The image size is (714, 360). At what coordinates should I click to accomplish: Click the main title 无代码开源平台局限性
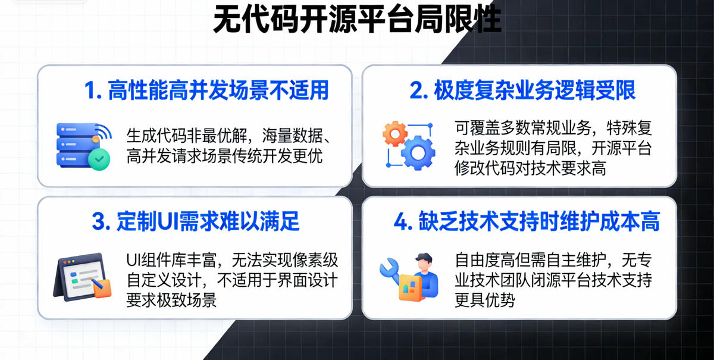[358, 19]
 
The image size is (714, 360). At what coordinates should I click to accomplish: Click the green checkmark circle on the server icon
[99, 159]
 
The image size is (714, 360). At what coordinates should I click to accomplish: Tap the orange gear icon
[395, 134]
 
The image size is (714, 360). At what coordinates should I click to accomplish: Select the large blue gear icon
[418, 153]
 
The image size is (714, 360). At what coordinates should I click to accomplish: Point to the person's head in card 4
[424, 262]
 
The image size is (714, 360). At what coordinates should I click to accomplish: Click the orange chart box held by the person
[411, 288]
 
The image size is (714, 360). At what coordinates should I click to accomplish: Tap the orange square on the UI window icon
[102, 288]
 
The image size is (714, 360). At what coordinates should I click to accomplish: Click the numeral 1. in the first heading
[93, 90]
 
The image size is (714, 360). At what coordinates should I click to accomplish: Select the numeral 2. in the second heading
[419, 90]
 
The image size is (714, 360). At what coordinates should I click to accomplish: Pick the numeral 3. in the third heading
[101, 221]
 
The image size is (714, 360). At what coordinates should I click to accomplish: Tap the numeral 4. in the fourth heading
[403, 221]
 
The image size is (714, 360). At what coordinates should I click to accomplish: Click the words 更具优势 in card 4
[484, 300]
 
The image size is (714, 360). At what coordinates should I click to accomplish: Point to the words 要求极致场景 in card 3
[171, 300]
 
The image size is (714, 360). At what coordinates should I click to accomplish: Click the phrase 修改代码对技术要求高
[530, 168]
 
